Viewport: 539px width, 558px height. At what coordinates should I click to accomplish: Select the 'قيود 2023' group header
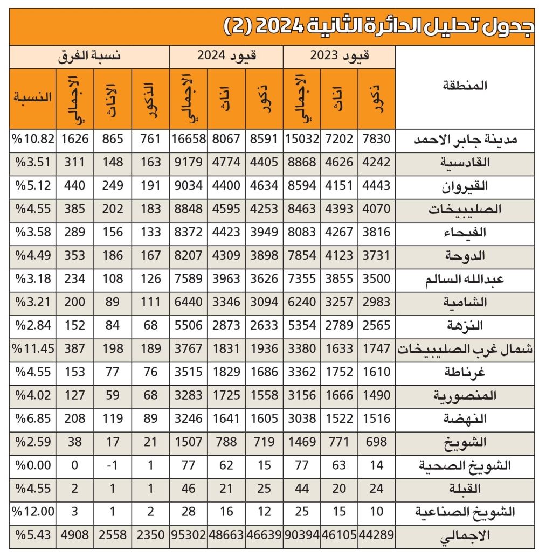(339, 56)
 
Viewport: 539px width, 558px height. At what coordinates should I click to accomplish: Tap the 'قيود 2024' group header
(226, 56)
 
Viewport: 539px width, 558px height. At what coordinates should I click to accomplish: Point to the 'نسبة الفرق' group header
(89, 56)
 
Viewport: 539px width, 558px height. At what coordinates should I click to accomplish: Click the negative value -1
(113, 465)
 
